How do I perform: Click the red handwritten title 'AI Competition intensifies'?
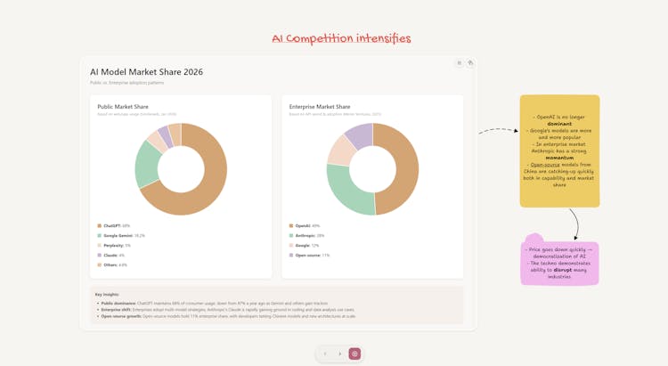pyautogui.click(x=341, y=38)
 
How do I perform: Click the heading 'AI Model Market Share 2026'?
pyautogui.click(x=146, y=72)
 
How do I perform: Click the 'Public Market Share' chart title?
pyautogui.click(x=123, y=107)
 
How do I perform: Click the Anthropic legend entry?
pyautogui.click(x=306, y=236)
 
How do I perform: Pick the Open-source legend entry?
pyautogui.click(x=309, y=255)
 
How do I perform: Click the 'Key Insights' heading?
pyautogui.click(x=107, y=294)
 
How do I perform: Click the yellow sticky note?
pyautogui.click(x=559, y=150)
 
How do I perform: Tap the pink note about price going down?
pyautogui.click(x=559, y=263)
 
